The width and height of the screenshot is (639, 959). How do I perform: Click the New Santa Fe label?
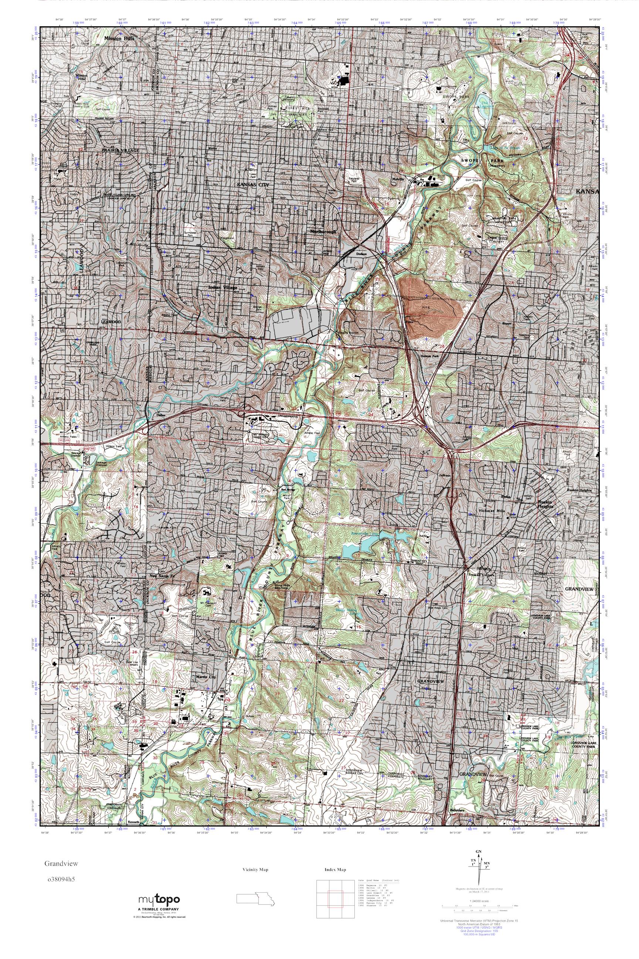(164, 576)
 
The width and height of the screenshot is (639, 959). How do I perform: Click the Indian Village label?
(222, 287)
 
